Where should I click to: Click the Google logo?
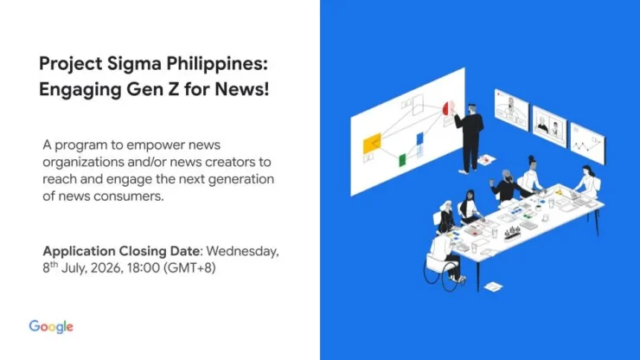[x=51, y=327]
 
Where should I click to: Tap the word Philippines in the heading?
[x=217, y=65]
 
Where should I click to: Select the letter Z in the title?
[x=174, y=89]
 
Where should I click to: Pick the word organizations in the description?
[x=84, y=163]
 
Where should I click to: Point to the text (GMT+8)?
[x=189, y=268]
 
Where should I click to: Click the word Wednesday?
[x=242, y=251]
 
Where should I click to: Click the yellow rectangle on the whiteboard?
[x=372, y=143]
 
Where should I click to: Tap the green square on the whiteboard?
[x=402, y=160]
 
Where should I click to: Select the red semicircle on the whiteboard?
[x=445, y=108]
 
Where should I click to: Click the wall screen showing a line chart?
[x=588, y=143]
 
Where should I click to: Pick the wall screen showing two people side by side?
[x=549, y=126]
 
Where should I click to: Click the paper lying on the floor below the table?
[x=494, y=286]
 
